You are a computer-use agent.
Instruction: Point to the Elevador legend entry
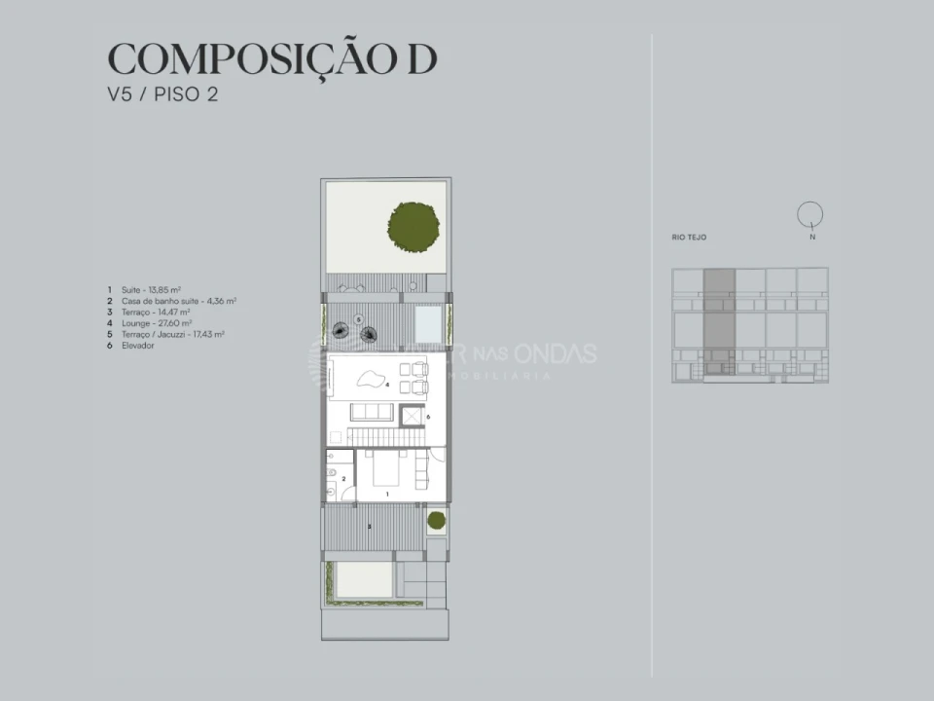coord(138,345)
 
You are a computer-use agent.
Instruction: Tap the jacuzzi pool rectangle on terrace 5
coord(426,319)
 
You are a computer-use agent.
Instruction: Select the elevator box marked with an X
coord(411,416)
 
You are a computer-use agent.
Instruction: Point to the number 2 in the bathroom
coord(342,479)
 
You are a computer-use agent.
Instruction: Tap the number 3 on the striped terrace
coord(369,527)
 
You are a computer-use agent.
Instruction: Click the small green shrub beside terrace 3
coord(436,520)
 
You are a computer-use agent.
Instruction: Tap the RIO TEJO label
coord(689,237)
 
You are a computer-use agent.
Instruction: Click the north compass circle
coord(809,213)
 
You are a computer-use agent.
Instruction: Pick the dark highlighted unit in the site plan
coord(719,321)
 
